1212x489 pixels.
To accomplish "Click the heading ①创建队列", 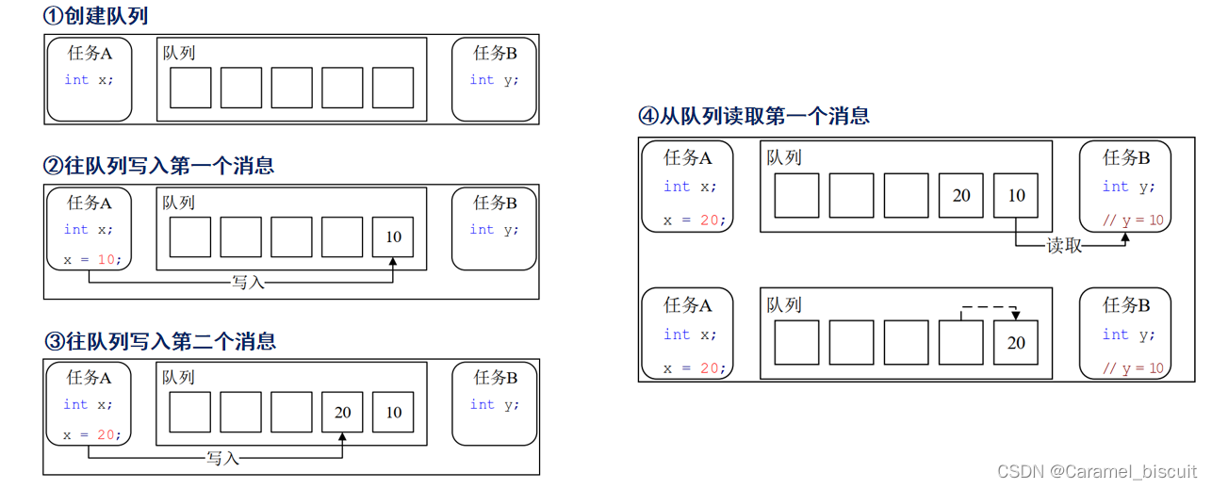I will click(96, 16).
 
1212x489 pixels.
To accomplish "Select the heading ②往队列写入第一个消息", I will click(159, 166).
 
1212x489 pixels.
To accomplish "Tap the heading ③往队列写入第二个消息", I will click(160, 340).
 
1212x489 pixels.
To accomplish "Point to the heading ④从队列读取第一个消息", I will click(754, 116).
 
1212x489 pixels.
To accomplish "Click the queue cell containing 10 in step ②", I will click(393, 236).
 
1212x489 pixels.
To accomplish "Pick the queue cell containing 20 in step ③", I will click(342, 412).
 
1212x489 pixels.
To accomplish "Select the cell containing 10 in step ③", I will click(393, 412).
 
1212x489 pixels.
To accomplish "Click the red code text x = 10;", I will click(92, 259).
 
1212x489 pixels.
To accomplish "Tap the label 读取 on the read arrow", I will click(1064, 246).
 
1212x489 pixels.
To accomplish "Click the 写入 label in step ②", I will click(248, 282).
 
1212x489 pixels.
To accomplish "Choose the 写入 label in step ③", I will click(223, 458).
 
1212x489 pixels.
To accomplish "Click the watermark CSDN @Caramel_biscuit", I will click(1096, 471).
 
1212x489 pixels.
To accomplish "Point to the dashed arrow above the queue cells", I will click(989, 307).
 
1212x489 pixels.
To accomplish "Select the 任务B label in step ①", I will click(495, 53).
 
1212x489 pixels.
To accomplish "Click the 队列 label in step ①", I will click(179, 53).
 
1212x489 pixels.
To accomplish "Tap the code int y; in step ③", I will click(494, 404).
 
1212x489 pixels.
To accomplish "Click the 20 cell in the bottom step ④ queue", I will click(1015, 343).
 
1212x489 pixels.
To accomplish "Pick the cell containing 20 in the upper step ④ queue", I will click(961, 196).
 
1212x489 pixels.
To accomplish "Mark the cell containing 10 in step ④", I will click(1016, 196).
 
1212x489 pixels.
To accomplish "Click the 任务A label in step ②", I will click(90, 203).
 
